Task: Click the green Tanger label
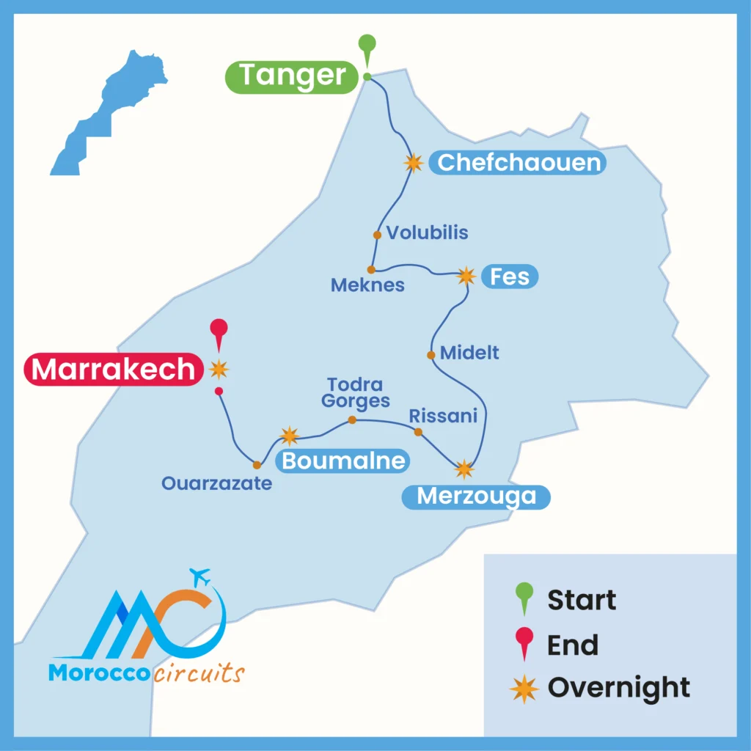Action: [x=293, y=76]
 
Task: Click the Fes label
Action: [x=510, y=276]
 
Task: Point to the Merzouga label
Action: [x=476, y=497]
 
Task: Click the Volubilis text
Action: [x=428, y=233]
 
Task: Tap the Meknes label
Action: [x=367, y=285]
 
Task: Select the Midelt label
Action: [x=469, y=353]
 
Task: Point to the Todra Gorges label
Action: [x=356, y=392]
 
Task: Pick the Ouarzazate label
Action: [x=217, y=483]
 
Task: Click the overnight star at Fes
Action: [x=466, y=276]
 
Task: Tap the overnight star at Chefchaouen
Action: [x=414, y=163]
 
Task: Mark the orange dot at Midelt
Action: [x=431, y=355]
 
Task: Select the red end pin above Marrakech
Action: [x=219, y=332]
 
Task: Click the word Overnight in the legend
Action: [x=618, y=688]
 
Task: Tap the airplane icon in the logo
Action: [x=199, y=576]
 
